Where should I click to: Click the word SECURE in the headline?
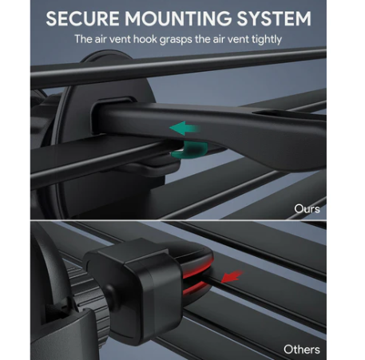coord(82,18)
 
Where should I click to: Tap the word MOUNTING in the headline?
coord(178,18)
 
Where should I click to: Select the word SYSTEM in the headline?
coord(274,18)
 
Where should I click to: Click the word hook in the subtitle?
coord(145,39)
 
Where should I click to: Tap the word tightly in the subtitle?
coord(267,40)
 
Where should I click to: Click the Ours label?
coord(307,209)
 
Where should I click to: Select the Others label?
coord(302,349)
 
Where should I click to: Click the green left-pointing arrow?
coord(184,129)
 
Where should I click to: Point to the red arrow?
coord(232,277)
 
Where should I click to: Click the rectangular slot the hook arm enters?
coord(114,115)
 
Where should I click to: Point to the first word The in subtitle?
coord(84,39)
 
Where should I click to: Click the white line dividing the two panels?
coord(178,220)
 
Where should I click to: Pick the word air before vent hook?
coord(101,39)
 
